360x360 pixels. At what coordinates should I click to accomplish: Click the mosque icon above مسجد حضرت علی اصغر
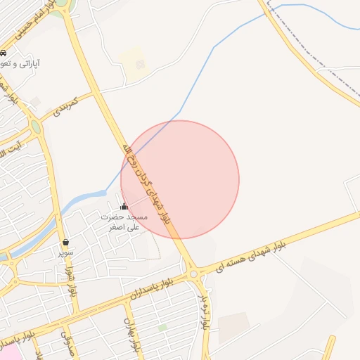124,207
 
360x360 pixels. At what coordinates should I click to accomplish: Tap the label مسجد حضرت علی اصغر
124,222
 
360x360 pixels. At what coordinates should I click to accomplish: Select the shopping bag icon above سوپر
65,242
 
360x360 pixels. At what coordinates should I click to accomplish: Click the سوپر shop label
65,251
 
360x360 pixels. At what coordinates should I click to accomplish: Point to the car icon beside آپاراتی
4,53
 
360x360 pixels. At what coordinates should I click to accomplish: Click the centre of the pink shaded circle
180,179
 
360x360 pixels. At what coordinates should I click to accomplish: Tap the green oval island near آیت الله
35,127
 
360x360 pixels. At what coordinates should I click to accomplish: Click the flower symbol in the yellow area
140,65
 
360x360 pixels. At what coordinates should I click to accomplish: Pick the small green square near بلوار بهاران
162,327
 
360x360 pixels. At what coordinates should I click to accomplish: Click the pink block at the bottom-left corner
8,350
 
